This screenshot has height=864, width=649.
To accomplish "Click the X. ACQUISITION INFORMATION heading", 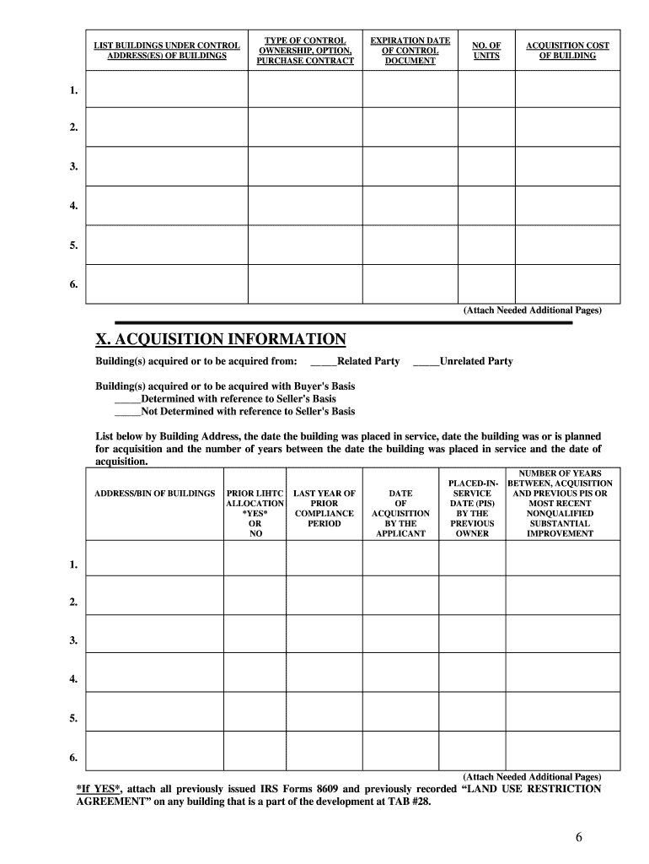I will [x=221, y=339].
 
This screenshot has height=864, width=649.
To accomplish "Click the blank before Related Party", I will [x=324, y=362].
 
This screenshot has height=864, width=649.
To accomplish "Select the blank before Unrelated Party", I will [x=426, y=362].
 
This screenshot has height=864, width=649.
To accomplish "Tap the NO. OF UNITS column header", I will [x=485, y=51].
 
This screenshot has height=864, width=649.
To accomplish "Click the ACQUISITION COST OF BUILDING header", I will [x=566, y=51].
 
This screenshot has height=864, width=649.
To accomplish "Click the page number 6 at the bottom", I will [x=579, y=837].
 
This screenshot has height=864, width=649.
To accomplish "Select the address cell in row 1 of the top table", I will [x=167, y=89].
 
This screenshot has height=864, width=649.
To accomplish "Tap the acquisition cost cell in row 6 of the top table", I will [x=567, y=284].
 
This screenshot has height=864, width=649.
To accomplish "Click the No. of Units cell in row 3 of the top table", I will [x=486, y=166].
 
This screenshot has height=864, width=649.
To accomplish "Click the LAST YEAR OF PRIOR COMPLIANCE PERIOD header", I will [x=324, y=508].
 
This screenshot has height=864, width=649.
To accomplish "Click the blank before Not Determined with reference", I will [x=127, y=412].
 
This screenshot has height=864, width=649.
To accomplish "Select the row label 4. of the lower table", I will [x=75, y=679].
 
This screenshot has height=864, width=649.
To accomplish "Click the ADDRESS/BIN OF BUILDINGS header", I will [x=154, y=493].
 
